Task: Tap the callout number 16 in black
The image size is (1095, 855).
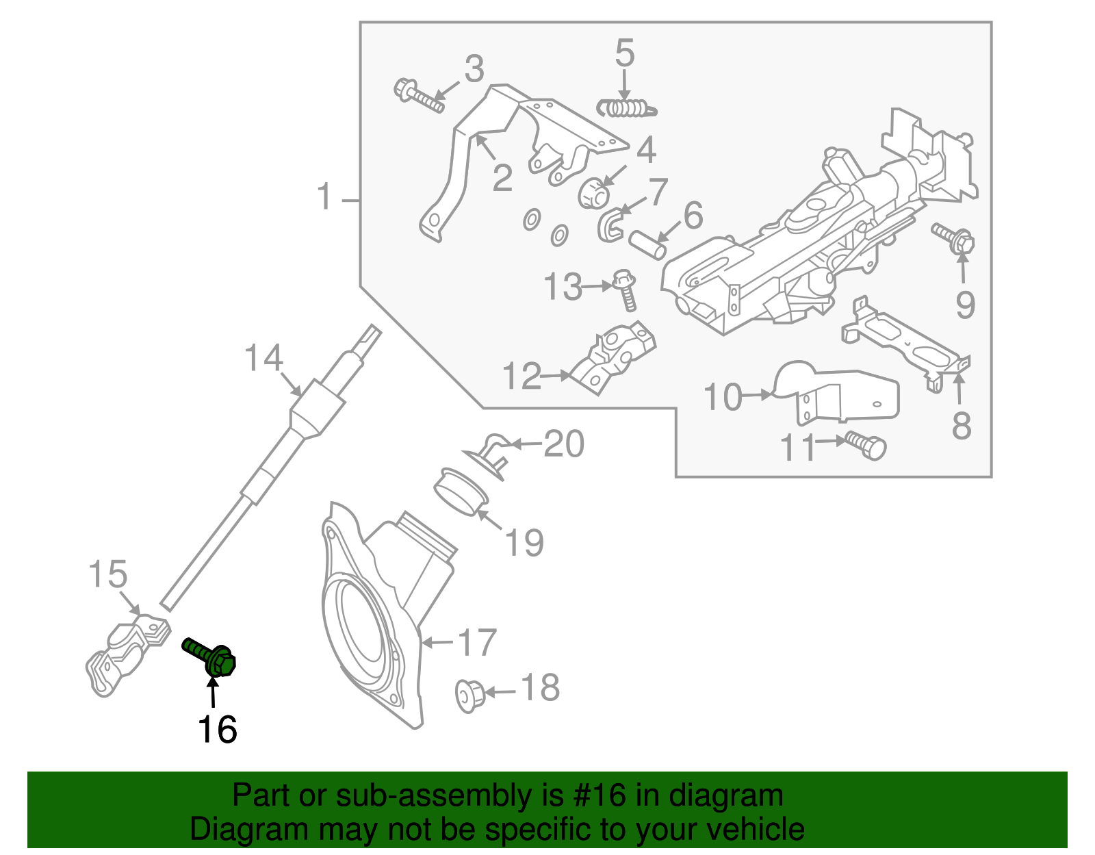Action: (217, 730)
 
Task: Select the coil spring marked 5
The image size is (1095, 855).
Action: (625, 108)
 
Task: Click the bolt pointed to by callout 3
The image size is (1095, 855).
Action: (418, 97)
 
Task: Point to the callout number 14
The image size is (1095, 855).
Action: (263, 358)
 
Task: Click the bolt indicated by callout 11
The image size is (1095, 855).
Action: (866, 445)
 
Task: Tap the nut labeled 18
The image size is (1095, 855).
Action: (469, 694)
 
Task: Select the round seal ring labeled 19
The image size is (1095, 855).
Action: (461, 491)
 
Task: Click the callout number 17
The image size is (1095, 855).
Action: (476, 643)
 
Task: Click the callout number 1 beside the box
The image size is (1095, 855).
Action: (324, 198)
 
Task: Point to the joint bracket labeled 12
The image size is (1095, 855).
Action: (616, 356)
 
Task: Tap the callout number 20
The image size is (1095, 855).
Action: (564, 444)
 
